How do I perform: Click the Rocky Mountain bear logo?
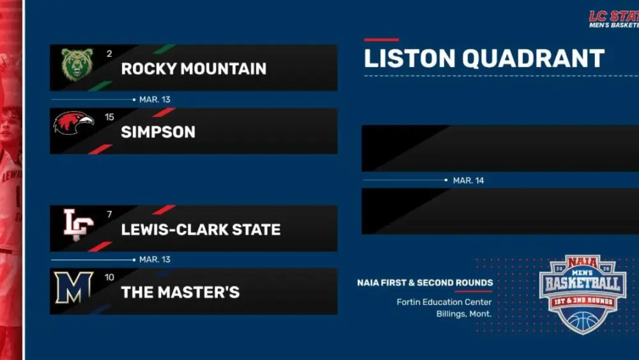77,65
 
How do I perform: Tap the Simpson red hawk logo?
73,123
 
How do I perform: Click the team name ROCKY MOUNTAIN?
194,69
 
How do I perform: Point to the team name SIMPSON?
158,132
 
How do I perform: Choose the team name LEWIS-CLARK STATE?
201,230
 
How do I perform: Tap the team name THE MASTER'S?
180,293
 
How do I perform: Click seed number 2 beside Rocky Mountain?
109,54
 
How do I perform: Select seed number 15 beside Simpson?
109,118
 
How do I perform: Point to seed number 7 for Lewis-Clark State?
109,214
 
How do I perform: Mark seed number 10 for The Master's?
110,277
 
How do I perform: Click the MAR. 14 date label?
468,181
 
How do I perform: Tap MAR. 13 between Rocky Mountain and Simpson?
155,100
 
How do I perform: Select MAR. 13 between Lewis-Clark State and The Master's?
155,260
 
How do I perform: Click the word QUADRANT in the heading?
533,59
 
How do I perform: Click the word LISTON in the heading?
410,59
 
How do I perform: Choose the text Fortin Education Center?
444,302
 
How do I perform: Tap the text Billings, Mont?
464,314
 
